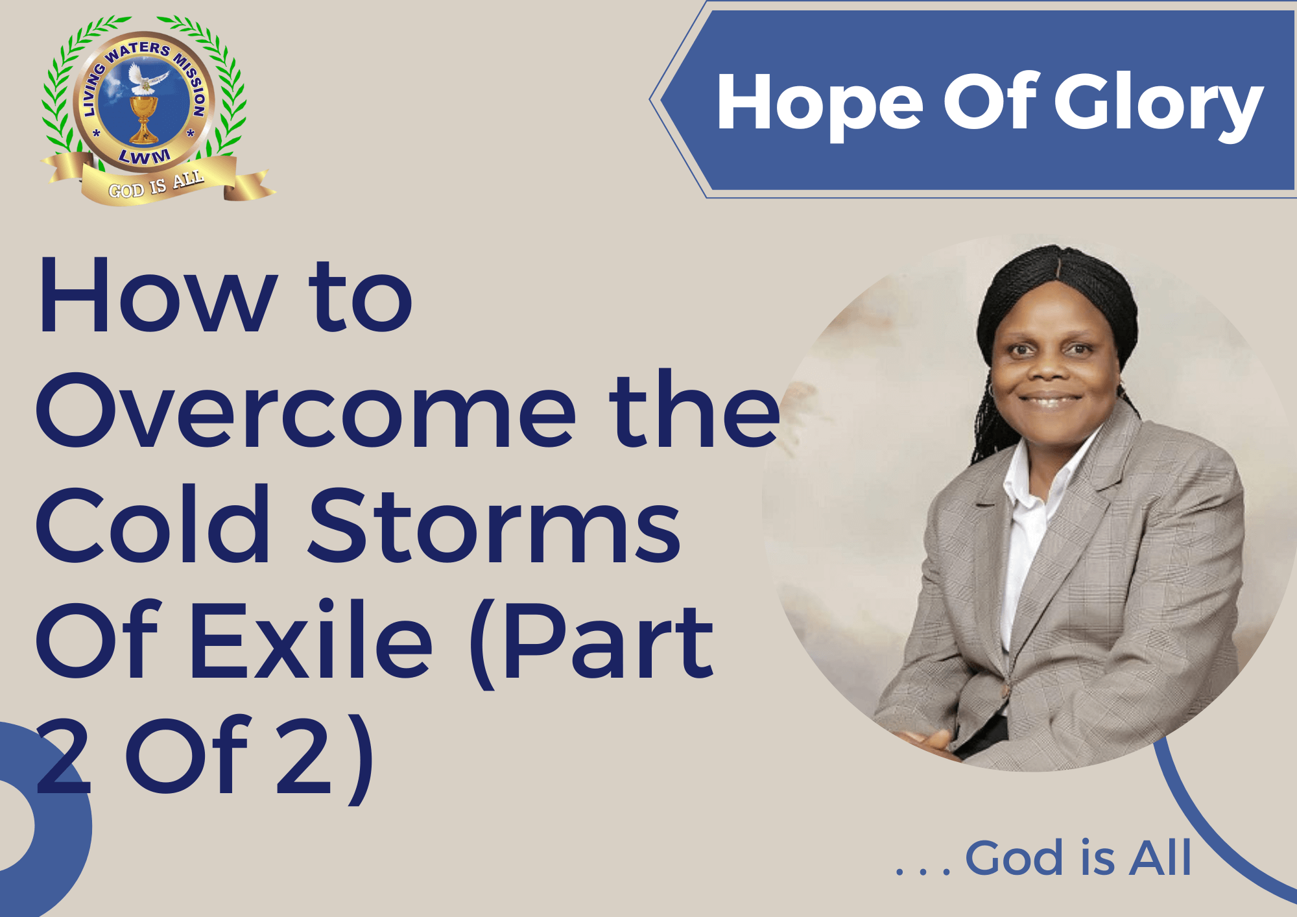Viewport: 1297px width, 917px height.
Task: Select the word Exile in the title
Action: click(311, 639)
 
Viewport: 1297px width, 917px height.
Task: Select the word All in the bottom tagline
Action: click(1160, 857)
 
